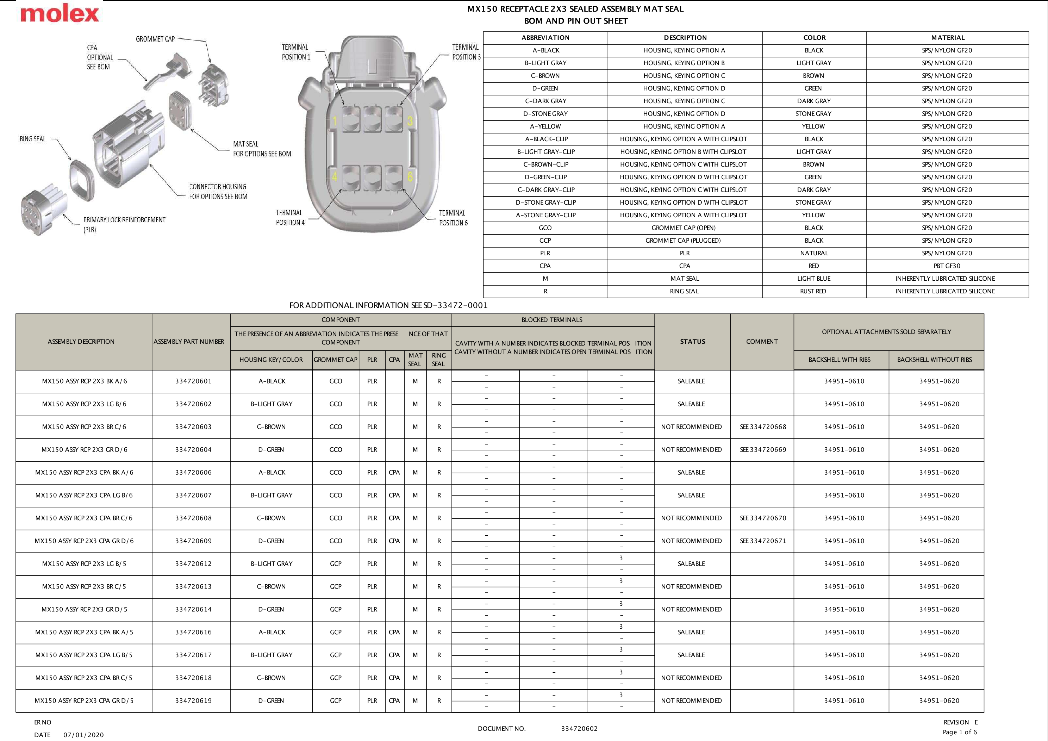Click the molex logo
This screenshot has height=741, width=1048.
click(60, 14)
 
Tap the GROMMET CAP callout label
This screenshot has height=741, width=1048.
click(155, 39)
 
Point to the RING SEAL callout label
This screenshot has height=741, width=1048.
click(32, 139)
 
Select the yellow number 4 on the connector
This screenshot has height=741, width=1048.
click(335, 177)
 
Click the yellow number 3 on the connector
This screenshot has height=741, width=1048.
click(410, 121)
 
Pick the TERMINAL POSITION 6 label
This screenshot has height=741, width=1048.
click(453, 218)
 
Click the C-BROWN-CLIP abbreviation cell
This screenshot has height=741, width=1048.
click(545, 164)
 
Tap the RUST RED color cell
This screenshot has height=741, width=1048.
click(813, 291)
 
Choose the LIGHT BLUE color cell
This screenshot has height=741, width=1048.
click(814, 279)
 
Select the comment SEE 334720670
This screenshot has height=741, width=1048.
click(763, 518)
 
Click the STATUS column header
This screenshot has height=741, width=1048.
click(692, 342)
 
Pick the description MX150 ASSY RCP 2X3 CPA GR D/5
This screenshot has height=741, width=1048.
click(84, 701)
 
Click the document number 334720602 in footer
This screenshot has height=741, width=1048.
click(579, 729)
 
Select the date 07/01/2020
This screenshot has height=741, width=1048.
click(83, 735)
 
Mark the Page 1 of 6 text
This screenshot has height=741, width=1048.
click(960, 732)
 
